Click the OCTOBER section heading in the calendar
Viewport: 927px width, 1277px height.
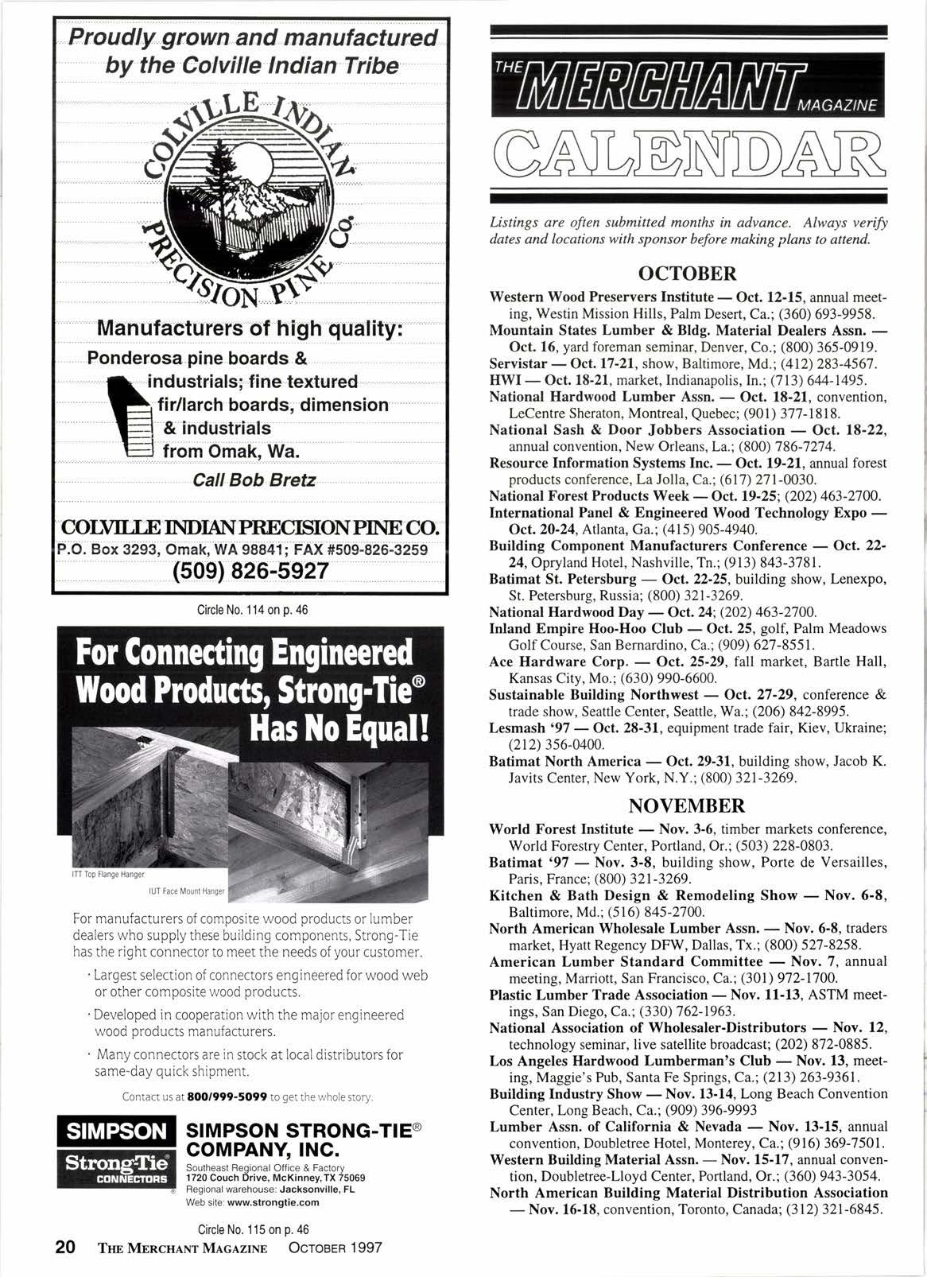(688, 274)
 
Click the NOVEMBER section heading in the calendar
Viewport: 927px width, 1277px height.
(688, 805)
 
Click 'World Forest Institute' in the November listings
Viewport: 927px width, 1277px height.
(561, 829)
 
